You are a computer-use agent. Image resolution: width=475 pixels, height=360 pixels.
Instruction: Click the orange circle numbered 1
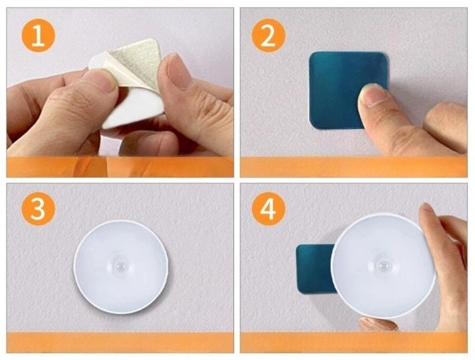[x=38, y=35]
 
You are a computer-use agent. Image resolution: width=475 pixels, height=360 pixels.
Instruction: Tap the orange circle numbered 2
[x=268, y=35]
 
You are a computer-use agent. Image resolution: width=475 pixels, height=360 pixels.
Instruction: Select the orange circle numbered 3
[x=38, y=209]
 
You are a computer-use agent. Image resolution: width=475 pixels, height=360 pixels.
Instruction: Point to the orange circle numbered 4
[x=268, y=209]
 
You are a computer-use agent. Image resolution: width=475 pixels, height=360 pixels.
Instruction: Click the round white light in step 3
[x=120, y=267]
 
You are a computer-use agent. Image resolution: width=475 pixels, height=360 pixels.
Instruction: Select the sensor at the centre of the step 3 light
[x=121, y=267]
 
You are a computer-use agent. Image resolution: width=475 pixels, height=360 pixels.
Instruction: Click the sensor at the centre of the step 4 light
[x=383, y=267]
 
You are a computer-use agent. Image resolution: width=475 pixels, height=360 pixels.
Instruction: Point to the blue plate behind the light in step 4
[x=315, y=269]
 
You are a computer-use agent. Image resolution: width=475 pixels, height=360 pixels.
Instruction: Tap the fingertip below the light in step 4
[x=378, y=324]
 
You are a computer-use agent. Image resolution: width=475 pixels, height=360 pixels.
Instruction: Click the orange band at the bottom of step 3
[x=120, y=343]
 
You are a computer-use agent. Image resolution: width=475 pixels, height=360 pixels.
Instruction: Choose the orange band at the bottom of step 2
[x=353, y=166]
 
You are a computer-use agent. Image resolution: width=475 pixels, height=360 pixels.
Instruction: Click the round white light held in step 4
[x=383, y=266]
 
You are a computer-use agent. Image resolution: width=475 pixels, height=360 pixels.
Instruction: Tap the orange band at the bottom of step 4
[x=353, y=343]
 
